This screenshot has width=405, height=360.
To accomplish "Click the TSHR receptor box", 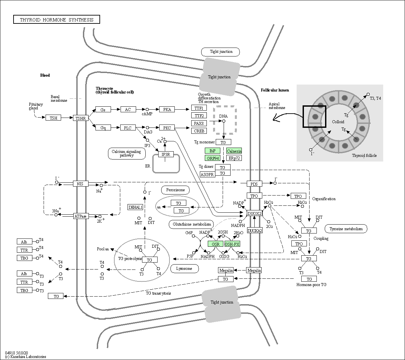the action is click(x=81, y=118).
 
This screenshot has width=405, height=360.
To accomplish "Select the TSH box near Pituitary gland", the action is click(x=54, y=118).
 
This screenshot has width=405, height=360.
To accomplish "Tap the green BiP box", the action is click(x=212, y=151).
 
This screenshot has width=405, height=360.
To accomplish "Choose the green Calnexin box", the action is click(x=234, y=151).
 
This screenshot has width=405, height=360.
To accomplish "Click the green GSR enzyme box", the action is click(x=215, y=244).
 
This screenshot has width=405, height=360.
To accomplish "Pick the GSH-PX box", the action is click(x=232, y=244).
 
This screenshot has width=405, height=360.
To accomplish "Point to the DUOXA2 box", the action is click(x=254, y=231).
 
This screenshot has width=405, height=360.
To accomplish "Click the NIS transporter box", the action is click(x=81, y=184).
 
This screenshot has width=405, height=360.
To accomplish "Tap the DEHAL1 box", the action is click(x=135, y=207).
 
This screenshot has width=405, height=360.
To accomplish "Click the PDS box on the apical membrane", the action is click(x=254, y=184).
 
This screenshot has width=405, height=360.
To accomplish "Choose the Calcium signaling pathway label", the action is click(x=127, y=154).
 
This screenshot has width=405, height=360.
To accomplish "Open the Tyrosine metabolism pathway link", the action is click(x=346, y=229).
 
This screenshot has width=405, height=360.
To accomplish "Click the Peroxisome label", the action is click(x=175, y=190).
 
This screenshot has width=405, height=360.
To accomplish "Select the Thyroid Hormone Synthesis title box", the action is click(x=56, y=19).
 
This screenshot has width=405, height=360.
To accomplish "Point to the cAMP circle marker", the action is click(x=147, y=110).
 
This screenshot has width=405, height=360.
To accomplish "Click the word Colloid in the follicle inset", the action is click(x=338, y=122).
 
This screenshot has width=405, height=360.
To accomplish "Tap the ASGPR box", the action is click(x=207, y=174).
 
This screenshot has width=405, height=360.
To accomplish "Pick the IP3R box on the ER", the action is click(x=166, y=154).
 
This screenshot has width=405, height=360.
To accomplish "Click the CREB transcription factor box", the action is click(x=199, y=131).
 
